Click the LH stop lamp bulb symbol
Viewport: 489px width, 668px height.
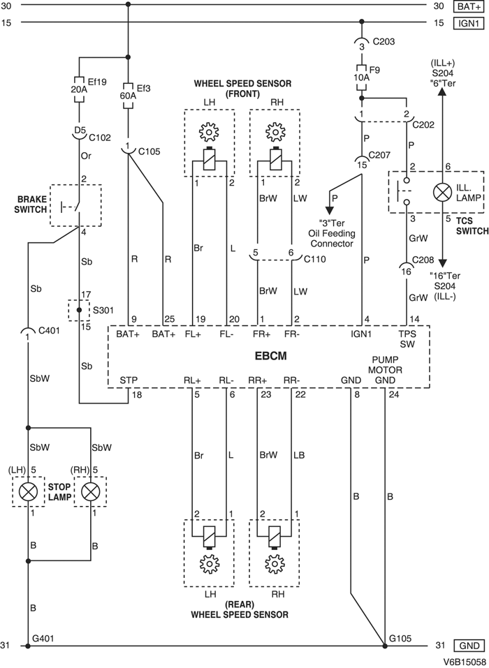tap(28, 491)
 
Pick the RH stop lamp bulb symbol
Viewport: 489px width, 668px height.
tap(91, 491)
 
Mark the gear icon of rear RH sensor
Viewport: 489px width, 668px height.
tap(273, 563)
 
